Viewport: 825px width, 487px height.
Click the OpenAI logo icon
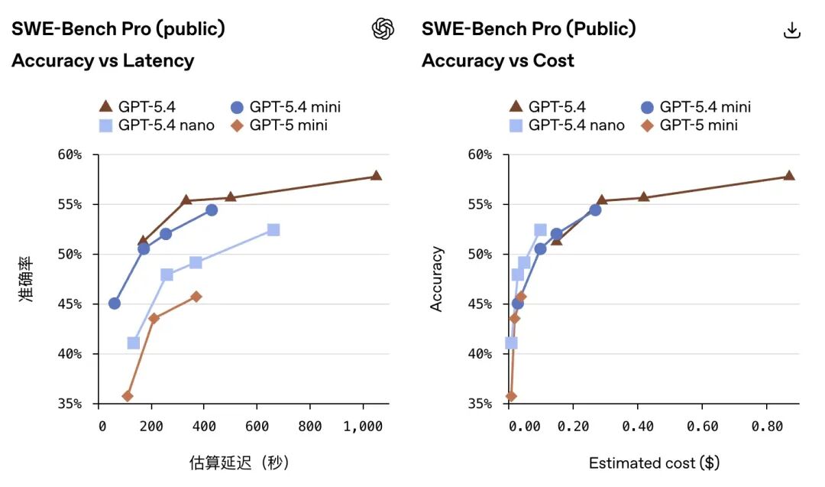click(x=383, y=29)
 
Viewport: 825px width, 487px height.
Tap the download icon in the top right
click(x=792, y=30)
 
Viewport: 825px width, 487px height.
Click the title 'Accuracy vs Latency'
click(x=102, y=60)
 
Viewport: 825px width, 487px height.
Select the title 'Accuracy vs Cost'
click(x=497, y=60)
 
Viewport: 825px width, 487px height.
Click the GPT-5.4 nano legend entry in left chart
click(x=157, y=125)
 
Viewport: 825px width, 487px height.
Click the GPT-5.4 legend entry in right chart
click(x=547, y=107)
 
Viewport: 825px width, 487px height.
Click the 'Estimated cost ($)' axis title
click(x=654, y=463)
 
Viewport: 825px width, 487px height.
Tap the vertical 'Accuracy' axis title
click(x=437, y=279)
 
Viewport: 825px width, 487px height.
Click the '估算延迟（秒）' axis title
click(x=239, y=463)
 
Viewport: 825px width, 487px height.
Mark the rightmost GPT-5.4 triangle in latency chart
click(x=376, y=176)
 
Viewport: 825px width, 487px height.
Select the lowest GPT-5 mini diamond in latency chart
click(x=128, y=396)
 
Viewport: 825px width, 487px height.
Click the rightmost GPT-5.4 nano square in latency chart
click(x=273, y=230)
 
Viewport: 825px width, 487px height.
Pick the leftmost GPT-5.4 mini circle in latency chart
click(x=115, y=304)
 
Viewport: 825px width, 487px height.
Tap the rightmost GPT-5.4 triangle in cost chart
click(x=789, y=176)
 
